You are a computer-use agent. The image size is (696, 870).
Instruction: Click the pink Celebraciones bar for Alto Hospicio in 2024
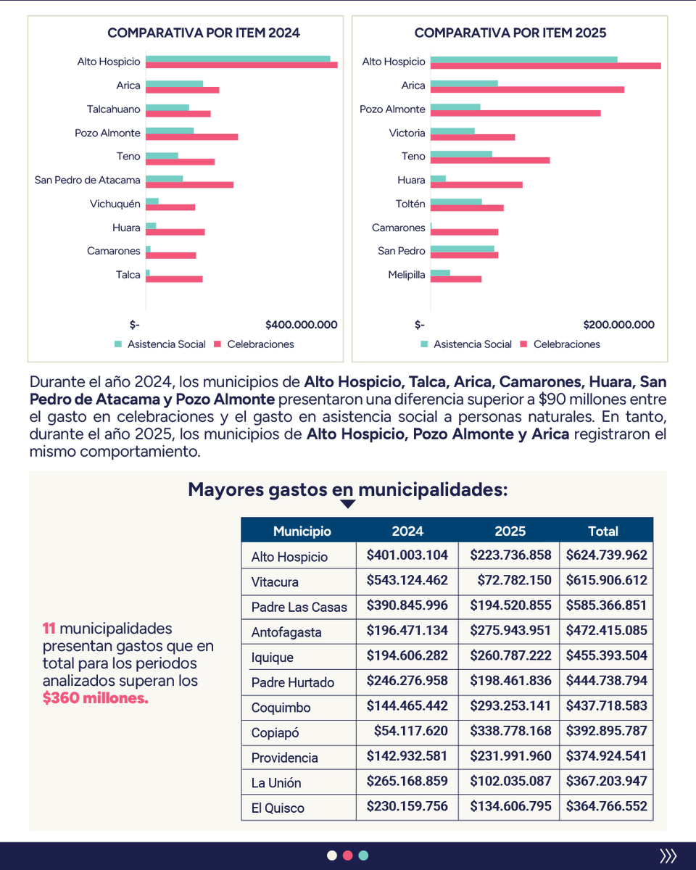point(241,65)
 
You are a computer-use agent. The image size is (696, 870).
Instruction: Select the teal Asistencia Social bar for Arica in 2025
point(464,83)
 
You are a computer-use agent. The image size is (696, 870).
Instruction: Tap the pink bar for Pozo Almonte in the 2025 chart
point(515,113)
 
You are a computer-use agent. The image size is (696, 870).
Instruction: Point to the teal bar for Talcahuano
point(167,107)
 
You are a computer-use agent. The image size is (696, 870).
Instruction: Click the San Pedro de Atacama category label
point(87,180)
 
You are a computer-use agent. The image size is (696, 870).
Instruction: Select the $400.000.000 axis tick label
point(302,325)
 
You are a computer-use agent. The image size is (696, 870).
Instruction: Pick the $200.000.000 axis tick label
point(618,325)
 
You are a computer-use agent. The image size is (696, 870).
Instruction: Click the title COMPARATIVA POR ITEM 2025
point(510,33)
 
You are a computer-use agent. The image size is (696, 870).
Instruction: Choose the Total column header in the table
point(602,531)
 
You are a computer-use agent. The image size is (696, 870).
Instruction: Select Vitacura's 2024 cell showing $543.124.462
point(407,580)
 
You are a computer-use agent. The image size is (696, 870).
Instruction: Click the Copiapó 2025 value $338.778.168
point(510,731)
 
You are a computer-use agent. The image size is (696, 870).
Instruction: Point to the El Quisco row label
point(278,808)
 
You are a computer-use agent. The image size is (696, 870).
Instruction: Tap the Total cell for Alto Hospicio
point(606,555)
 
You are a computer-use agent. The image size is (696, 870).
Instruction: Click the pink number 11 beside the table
point(49,629)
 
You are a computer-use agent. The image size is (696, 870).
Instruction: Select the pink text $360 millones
point(96,698)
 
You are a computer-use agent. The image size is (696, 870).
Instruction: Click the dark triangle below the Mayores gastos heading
point(347,504)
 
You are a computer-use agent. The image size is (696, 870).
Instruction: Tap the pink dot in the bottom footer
point(347,855)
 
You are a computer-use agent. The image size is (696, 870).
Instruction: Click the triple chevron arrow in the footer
point(668,855)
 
